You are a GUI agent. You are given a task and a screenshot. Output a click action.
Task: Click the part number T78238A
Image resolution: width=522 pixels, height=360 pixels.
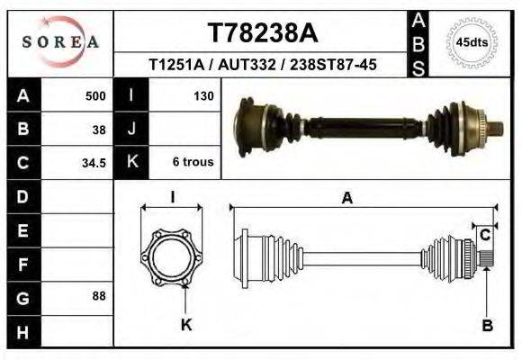pos(262,33)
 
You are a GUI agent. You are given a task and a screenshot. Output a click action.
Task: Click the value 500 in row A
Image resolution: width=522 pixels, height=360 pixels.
pos(95,95)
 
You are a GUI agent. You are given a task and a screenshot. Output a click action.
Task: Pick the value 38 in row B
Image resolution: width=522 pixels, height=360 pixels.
pos(100,129)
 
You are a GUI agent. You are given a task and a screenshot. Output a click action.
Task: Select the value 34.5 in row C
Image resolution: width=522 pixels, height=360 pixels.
pos(94,163)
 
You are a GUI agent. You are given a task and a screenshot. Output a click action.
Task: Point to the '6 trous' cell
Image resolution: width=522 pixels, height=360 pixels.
pos(193,163)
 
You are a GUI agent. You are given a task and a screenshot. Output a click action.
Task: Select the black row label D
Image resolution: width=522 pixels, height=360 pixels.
pos(22,196)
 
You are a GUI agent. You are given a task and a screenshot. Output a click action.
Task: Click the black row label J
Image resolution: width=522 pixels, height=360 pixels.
pos(131,129)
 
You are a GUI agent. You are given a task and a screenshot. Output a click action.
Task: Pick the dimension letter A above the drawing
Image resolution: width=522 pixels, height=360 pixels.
pos(346,200)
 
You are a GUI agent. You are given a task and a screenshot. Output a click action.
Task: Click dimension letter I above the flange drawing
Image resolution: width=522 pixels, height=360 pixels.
pos(173,198)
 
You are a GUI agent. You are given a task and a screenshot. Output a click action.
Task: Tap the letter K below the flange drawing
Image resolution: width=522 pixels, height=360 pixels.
pos(186,325)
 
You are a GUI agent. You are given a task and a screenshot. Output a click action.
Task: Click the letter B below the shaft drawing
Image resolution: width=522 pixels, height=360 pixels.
pos(487,325)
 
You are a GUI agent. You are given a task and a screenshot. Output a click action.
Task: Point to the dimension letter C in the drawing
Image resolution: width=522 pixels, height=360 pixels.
pos(485,236)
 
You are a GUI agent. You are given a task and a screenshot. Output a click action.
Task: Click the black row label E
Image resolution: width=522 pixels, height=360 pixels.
pos(22,230)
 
